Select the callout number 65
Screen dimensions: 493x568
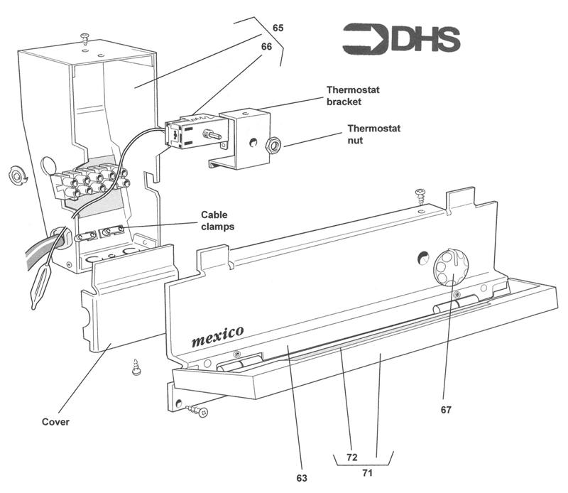(278, 28)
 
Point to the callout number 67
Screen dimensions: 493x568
(445, 409)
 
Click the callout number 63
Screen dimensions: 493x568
(302, 478)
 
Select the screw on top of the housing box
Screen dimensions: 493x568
(86, 37)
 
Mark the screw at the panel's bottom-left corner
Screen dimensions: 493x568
(198, 409)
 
